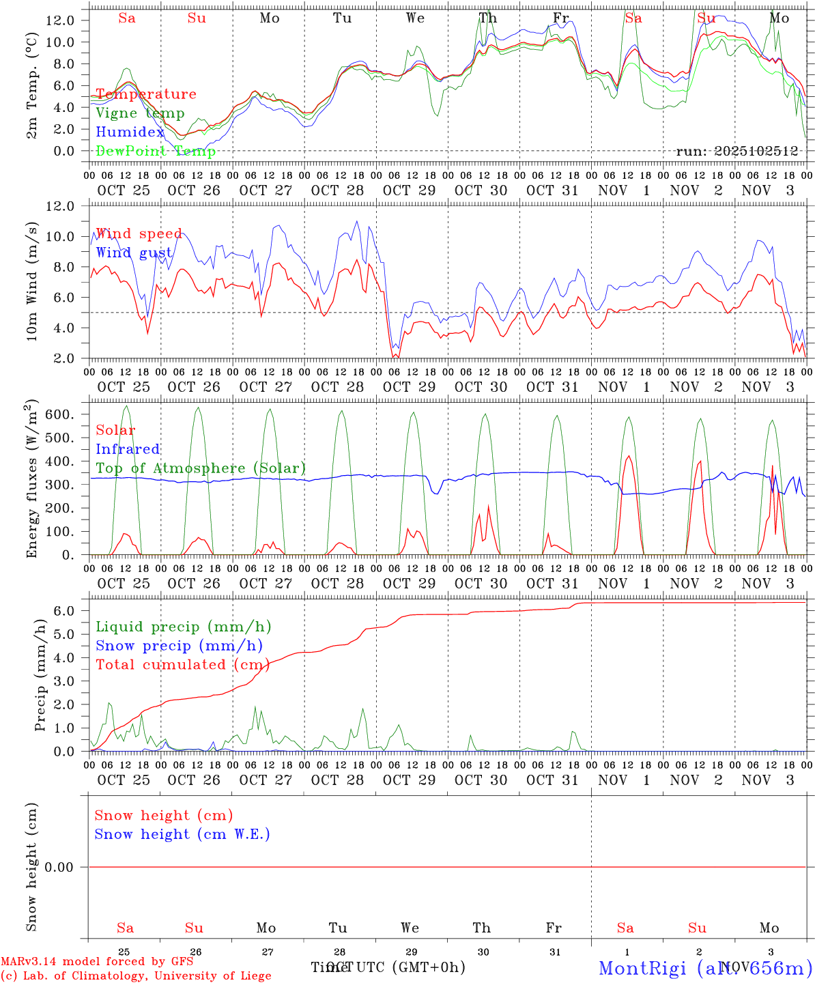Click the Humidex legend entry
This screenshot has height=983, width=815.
click(x=130, y=132)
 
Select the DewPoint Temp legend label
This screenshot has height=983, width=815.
click(x=156, y=151)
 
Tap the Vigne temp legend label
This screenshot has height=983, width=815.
click(x=140, y=113)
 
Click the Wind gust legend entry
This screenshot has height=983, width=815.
click(x=134, y=253)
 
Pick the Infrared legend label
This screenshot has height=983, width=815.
click(x=128, y=449)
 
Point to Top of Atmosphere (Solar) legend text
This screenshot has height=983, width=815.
click(x=201, y=468)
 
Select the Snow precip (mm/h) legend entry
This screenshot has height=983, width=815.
click(x=179, y=646)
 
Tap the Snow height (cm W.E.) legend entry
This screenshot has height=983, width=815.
click(x=182, y=834)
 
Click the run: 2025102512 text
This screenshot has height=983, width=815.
click(x=737, y=151)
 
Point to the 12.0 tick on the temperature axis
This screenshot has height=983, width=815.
click(x=59, y=20)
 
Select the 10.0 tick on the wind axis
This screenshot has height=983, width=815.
click(x=59, y=237)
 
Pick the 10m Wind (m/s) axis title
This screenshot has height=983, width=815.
click(x=32, y=281)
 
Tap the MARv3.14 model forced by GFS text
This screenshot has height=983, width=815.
click(x=97, y=961)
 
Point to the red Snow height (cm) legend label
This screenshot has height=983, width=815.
click(x=164, y=815)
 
